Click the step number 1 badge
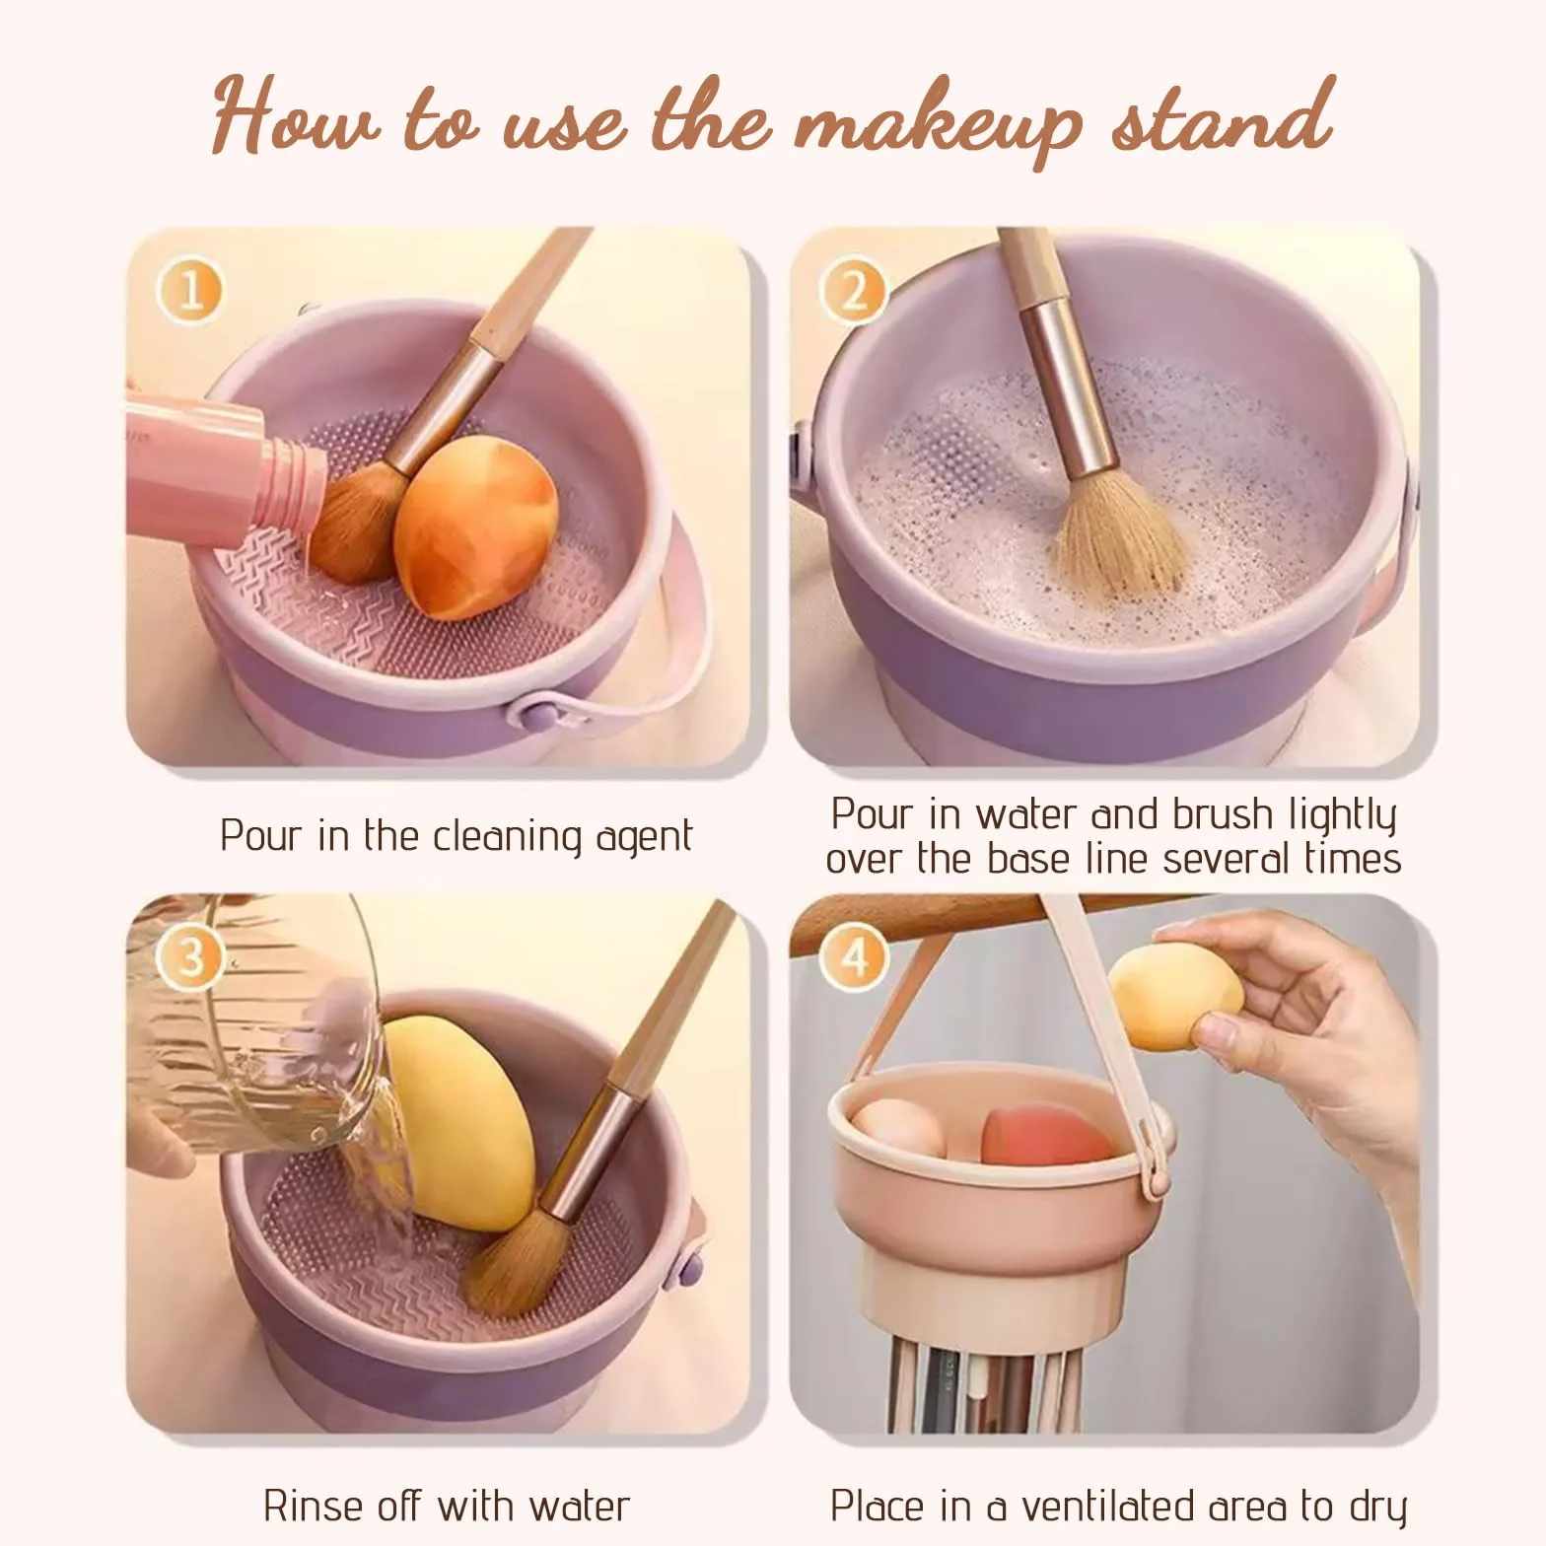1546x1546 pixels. point(190,291)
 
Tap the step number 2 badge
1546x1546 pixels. point(853,291)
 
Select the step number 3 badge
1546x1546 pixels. point(190,957)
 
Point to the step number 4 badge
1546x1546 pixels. point(853,957)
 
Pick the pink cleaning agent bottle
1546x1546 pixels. point(225,467)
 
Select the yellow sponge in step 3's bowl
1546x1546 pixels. point(459,1124)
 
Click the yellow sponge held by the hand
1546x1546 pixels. point(1175,996)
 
